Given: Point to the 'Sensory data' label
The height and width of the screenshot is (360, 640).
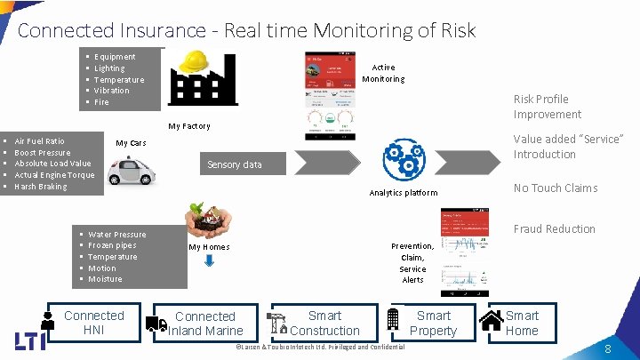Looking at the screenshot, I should [x=234, y=164].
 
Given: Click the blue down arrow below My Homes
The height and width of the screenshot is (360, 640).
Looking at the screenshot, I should [x=209, y=261].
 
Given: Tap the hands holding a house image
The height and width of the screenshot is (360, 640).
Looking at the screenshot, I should [x=206, y=221].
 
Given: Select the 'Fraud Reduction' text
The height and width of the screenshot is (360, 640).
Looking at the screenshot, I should [x=554, y=228].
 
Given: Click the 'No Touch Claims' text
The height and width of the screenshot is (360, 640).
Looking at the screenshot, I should [x=555, y=188].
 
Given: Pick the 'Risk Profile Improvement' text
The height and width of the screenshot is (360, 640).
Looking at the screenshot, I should [x=547, y=107].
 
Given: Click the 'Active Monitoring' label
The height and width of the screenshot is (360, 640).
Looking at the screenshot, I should [x=383, y=73].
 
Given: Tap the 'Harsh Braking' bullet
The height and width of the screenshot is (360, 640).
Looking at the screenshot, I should [x=41, y=187].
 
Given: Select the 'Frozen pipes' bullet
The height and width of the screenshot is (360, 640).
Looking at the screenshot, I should [x=112, y=245].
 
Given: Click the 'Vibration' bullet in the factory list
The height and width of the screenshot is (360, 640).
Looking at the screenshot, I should [x=111, y=91].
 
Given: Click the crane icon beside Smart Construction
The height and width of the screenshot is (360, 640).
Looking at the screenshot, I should [x=277, y=321].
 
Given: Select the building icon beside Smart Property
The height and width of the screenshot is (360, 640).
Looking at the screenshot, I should [x=393, y=319].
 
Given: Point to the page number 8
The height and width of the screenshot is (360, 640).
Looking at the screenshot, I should [x=607, y=349].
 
